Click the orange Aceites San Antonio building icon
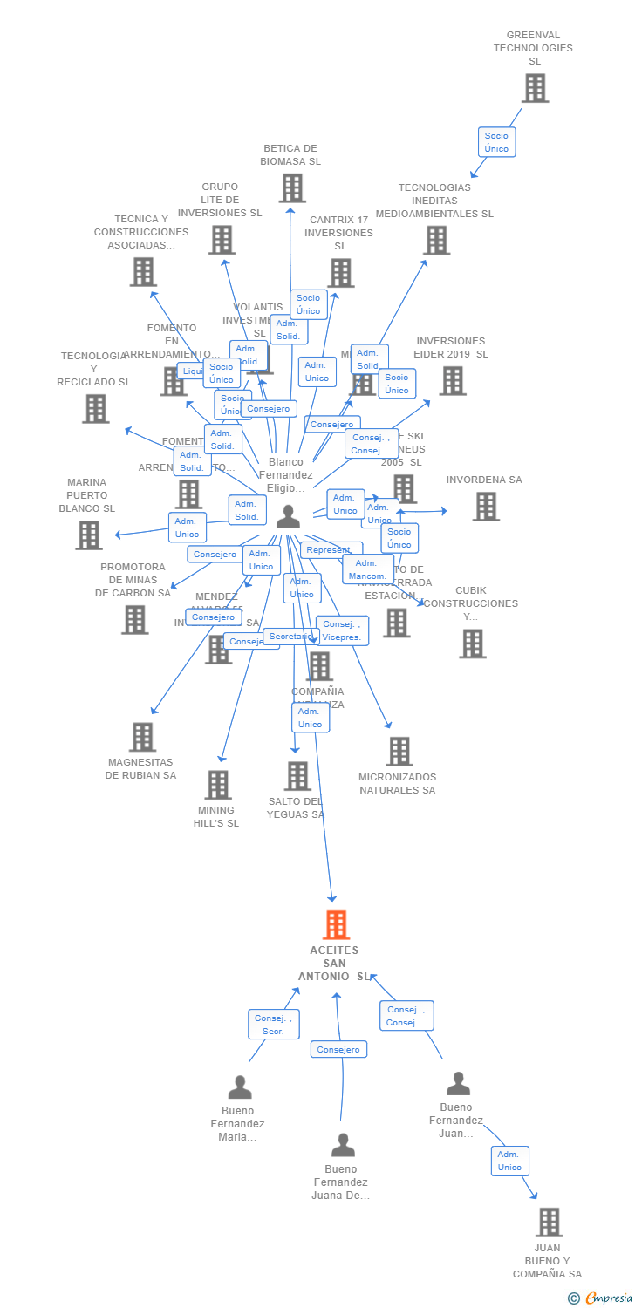tap(336, 924)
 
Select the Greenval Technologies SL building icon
tap(535, 88)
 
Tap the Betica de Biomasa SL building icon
tap(292, 187)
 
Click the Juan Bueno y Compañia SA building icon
tap(549, 1222)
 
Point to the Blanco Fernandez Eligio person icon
tap(288, 517)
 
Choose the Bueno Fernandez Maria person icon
tap(240, 1087)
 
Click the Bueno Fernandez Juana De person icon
tap(343, 1145)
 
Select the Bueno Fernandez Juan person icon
tap(458, 1084)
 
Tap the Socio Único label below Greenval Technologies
tap(496, 142)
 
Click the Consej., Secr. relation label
tap(273, 1025)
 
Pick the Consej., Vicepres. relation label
tap(342, 630)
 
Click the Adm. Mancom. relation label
tap(367, 569)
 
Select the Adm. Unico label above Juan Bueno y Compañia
tap(509, 1161)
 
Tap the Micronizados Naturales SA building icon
tap(399, 751)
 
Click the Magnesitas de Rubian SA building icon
tap(142, 737)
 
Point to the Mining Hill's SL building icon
tap(217, 785)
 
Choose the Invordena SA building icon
tap(486, 506)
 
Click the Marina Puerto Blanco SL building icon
tap(88, 535)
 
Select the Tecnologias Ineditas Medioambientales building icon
tap(436, 240)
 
